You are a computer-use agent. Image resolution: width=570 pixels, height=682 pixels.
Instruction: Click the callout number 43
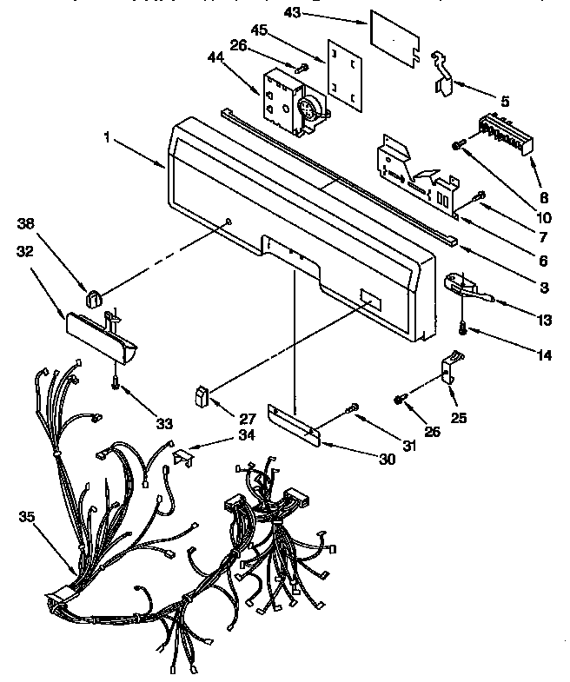tap(293, 12)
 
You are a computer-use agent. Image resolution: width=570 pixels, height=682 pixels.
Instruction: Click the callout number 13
tap(544, 321)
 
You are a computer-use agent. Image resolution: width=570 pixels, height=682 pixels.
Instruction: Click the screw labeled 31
tap(352, 407)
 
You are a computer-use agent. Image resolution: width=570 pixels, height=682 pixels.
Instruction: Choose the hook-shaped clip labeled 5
tap(447, 75)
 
